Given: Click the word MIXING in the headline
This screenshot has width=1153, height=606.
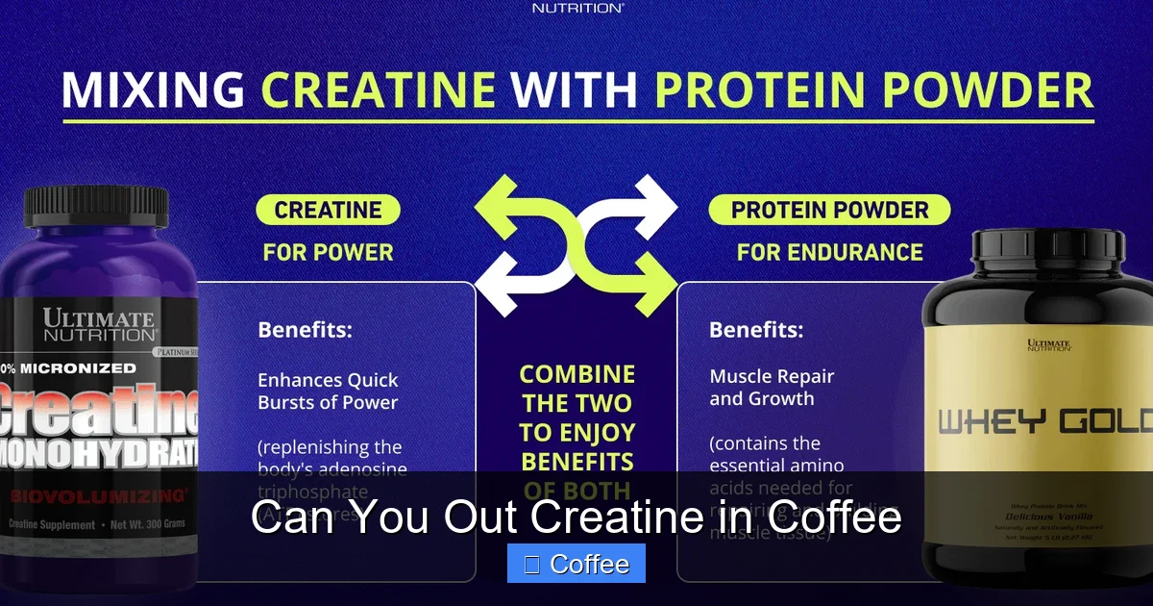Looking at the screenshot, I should [x=154, y=90].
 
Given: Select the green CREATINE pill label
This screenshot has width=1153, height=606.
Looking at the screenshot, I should [x=328, y=211].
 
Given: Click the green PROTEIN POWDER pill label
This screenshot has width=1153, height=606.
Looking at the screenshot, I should [x=829, y=211].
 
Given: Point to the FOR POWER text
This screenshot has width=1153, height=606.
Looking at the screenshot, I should [x=328, y=253].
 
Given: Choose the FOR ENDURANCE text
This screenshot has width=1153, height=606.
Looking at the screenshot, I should [x=829, y=253].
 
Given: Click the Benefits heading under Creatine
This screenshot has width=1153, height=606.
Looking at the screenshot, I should [x=305, y=330].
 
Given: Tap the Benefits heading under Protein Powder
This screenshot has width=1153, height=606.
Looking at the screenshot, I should [x=756, y=330].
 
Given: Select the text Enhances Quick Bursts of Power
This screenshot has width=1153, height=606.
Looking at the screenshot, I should [x=328, y=391].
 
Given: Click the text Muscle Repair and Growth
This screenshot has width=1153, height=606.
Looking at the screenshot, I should [x=772, y=388].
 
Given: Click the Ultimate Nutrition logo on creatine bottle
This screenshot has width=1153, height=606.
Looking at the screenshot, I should [x=98, y=326].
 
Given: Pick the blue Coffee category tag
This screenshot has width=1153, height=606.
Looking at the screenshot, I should [x=576, y=565].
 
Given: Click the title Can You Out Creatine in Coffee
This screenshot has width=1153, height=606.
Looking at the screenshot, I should [x=576, y=518].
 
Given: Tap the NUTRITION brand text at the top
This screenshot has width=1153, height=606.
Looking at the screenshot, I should [x=577, y=8].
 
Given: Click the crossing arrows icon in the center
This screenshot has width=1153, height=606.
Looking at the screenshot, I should [x=576, y=245].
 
